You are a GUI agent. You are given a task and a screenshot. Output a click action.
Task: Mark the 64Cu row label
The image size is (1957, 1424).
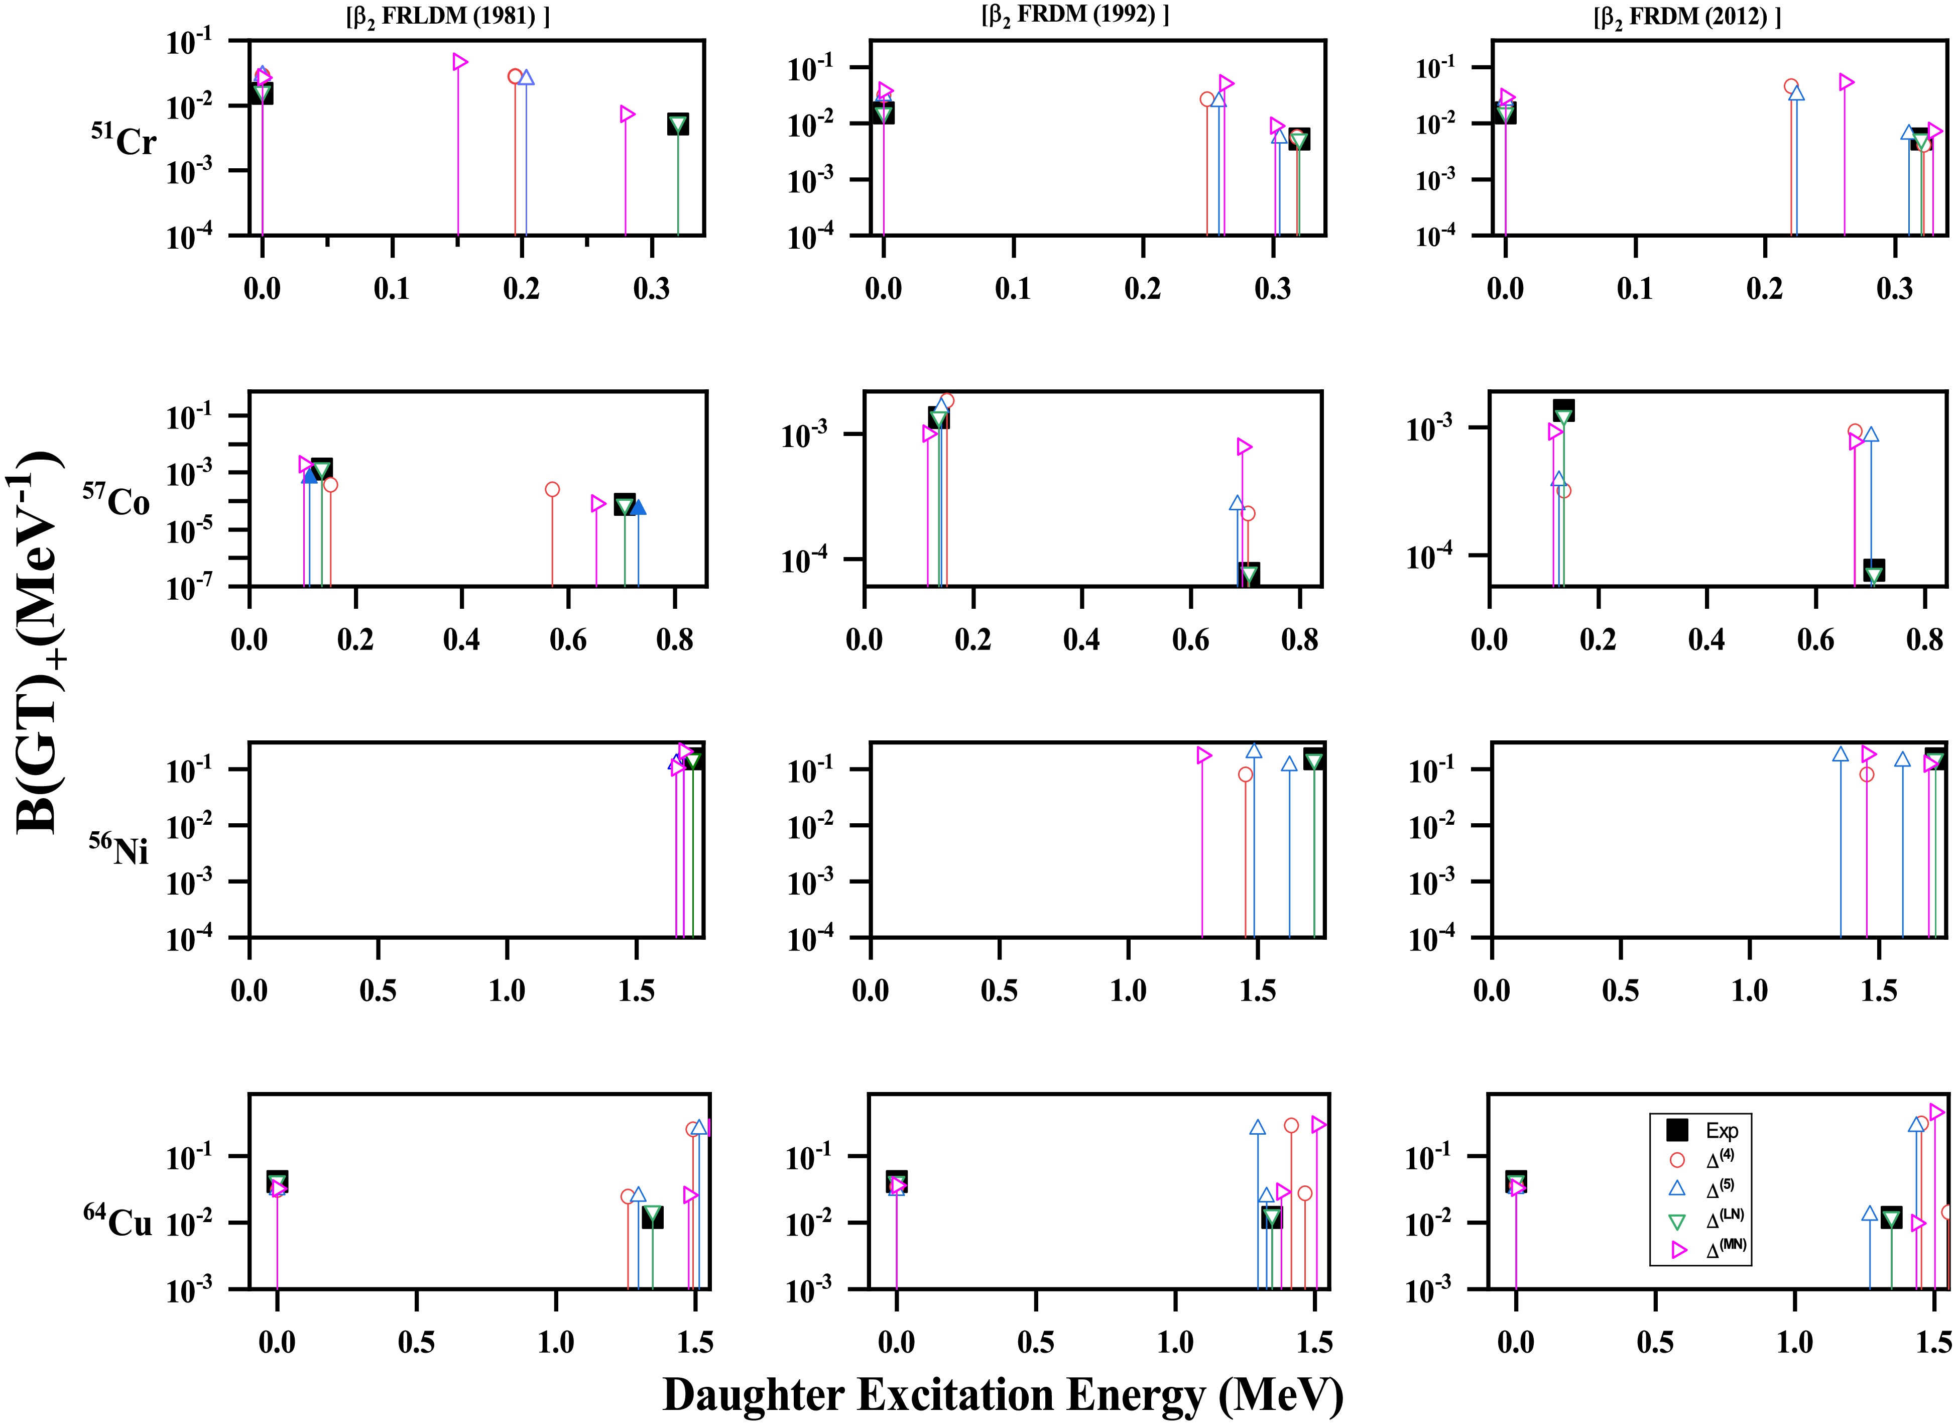[117, 1221]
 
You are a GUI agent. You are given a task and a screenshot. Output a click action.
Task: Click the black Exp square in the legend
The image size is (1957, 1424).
[1676, 1130]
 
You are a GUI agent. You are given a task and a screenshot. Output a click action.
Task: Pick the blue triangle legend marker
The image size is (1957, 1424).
[1676, 1189]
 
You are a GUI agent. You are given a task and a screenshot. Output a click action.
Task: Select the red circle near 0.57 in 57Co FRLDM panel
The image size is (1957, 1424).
[552, 489]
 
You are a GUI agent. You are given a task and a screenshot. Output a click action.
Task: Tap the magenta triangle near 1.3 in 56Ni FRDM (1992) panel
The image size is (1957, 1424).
[1204, 755]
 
